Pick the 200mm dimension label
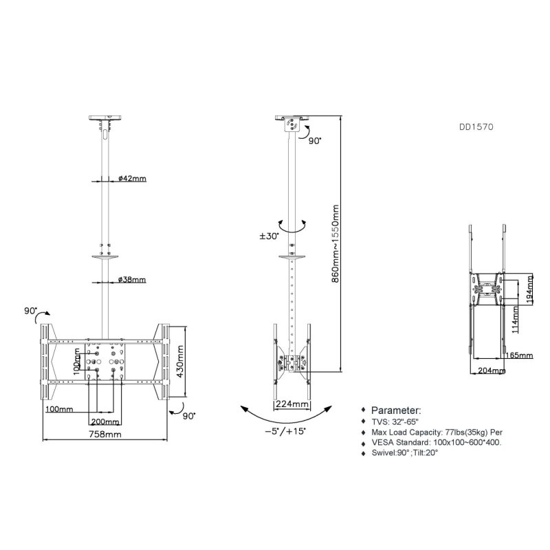pyautogui.click(x=104, y=421)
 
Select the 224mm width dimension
pyautogui.click(x=291, y=404)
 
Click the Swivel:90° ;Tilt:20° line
pyautogui.click(x=407, y=454)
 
